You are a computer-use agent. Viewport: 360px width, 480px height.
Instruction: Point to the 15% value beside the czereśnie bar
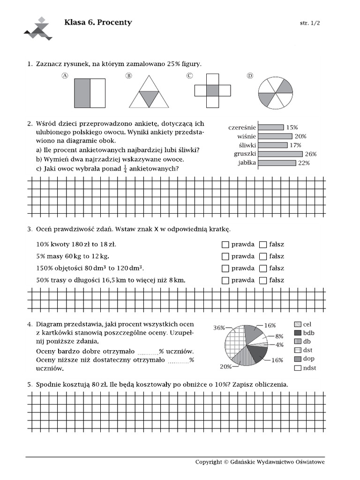pos(292,127)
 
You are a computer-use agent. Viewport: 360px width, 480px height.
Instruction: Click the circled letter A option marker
pos(65,76)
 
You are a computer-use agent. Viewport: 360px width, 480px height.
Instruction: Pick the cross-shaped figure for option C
pos(212,90)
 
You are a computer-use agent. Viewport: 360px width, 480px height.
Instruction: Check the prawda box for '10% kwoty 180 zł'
pos(225,245)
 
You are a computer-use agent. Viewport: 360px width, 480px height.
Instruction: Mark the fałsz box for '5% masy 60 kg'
pos(263,256)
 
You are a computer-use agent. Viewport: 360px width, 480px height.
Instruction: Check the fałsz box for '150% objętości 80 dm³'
pos(263,269)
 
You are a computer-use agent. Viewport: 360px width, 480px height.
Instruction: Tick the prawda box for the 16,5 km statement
pos(225,280)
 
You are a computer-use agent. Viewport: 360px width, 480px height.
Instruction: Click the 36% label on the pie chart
pos(219,328)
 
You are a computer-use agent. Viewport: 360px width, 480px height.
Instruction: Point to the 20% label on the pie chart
pos(226,367)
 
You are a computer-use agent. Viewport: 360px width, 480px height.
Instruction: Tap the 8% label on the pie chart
pos(279,336)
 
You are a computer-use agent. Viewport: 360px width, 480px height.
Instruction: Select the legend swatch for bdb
pos(297,333)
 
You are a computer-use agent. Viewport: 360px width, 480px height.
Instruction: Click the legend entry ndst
pos(309,368)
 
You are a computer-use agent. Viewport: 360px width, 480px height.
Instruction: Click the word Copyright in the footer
pos(209,462)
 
